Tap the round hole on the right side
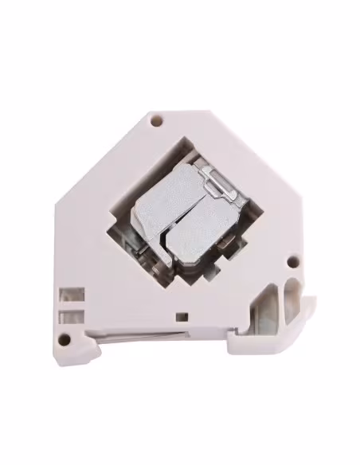(x=292, y=260)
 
